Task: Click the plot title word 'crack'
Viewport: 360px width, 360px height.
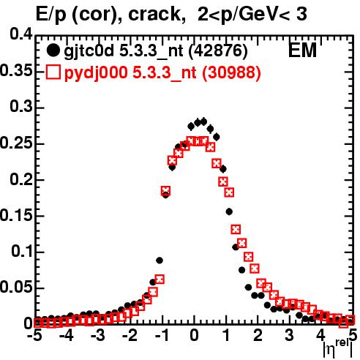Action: [154, 14]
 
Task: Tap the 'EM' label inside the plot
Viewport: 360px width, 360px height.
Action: [302, 50]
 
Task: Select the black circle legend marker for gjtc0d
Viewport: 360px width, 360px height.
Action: [53, 50]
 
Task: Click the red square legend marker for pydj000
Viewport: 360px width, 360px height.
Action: [53, 72]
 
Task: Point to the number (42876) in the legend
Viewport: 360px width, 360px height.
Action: [218, 51]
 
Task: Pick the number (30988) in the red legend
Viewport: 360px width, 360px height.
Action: [232, 72]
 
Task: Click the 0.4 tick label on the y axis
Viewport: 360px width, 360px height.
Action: [21, 34]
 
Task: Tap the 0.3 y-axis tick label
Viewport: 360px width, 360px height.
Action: [21, 107]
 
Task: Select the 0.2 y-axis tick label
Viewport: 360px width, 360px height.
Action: [21, 179]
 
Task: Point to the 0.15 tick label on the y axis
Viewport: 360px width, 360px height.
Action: [16, 216]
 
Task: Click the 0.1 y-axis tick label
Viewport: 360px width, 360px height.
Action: [22, 251]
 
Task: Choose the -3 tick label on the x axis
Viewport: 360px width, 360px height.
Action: [97, 335]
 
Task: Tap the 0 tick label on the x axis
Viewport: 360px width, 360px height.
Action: [194, 335]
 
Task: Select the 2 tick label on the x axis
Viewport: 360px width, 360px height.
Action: [258, 335]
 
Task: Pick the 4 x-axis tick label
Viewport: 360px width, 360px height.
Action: [320, 335]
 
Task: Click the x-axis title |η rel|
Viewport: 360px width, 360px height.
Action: [338, 348]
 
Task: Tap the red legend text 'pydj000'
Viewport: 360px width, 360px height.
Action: [96, 73]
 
